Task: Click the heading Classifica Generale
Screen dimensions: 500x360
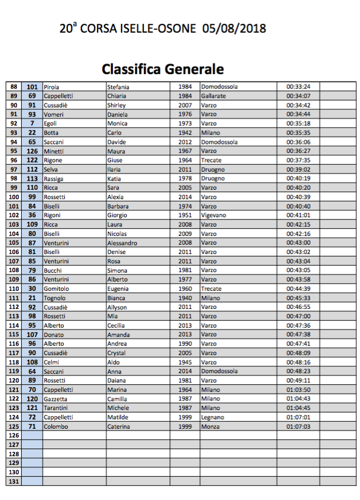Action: pyautogui.click(x=162, y=69)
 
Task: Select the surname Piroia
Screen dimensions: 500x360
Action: pyautogui.click(x=51, y=86)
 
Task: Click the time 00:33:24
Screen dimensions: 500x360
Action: pyautogui.click(x=298, y=86)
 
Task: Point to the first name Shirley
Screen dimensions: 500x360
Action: pyautogui.click(x=116, y=105)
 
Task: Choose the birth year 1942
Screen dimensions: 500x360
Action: pyautogui.click(x=185, y=133)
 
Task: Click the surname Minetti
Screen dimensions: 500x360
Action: pyautogui.click(x=54, y=151)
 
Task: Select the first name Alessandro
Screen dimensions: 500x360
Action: pyautogui.click(x=122, y=242)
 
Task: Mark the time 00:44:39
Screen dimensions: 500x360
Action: pyautogui.click(x=298, y=289)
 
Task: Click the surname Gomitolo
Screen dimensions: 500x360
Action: pyautogui.click(x=56, y=289)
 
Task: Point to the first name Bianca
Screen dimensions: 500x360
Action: pyautogui.click(x=116, y=298)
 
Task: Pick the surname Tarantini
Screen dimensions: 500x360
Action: pyautogui.click(x=57, y=408)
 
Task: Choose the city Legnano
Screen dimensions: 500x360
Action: pyautogui.click(x=212, y=417)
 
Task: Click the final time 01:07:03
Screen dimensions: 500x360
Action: pyautogui.click(x=298, y=426)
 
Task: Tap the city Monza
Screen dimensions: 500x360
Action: pyautogui.click(x=210, y=426)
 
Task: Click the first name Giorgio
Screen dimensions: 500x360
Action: pyautogui.click(x=117, y=215)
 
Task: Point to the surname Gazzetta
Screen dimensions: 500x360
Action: pyautogui.click(x=56, y=398)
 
